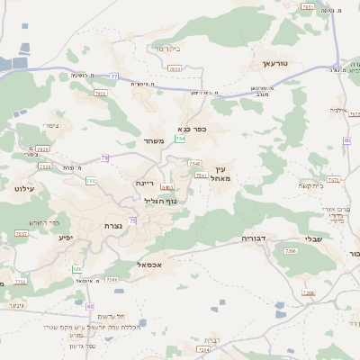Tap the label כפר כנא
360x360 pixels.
point(193,128)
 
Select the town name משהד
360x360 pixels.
point(151,140)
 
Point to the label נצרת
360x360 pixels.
point(113,225)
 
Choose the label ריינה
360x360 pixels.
point(145,183)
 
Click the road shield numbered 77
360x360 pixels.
point(114,76)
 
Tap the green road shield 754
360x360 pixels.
point(180,139)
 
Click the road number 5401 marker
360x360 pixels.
point(166,187)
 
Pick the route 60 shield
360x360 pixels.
point(90,307)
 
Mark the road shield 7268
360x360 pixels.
point(309,293)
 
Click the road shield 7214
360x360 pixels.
point(203,349)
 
